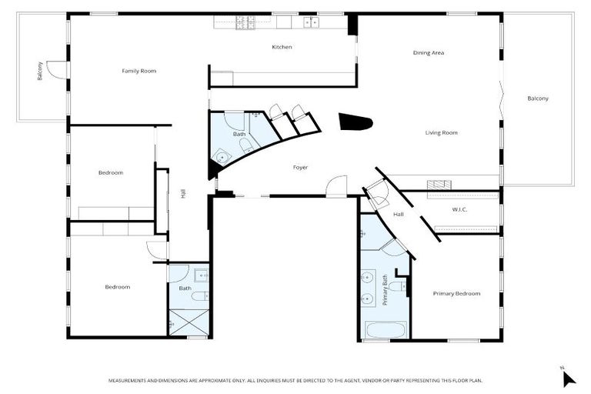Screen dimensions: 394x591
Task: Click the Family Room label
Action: coord(139,71)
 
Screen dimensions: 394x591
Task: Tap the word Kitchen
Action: coord(282,47)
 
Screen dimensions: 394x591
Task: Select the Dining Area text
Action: coord(429,52)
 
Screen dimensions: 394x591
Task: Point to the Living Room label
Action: coord(441,132)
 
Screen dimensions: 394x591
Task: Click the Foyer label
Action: coord(300,167)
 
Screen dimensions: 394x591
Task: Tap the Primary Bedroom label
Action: coord(456,293)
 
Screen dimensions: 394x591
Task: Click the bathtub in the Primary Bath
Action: coord(384,331)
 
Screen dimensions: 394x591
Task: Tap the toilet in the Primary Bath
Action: coord(396,286)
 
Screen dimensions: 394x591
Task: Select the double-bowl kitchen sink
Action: coord(310,22)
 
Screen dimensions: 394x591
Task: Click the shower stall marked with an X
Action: coord(188,321)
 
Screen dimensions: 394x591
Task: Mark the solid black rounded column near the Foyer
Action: coord(356,122)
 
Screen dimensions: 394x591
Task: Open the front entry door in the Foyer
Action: coord(336,187)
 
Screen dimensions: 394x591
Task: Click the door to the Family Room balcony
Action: coord(55,71)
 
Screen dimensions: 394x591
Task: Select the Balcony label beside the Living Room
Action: coord(537,98)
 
